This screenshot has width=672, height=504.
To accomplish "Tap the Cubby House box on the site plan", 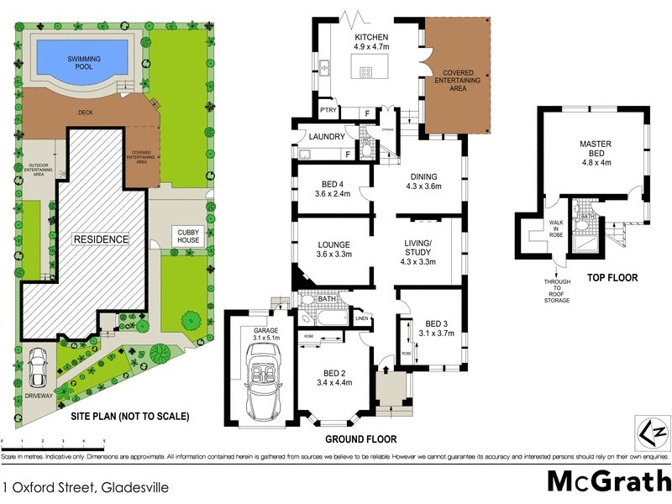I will point(185,237).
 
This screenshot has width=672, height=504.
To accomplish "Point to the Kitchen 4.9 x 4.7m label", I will point(370,43).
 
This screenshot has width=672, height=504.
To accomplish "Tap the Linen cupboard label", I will point(362,318).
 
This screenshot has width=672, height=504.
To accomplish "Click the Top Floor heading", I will point(612,277).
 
